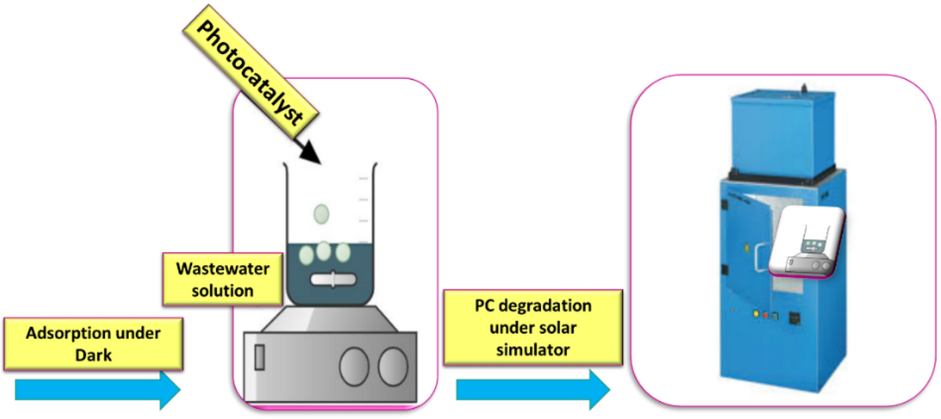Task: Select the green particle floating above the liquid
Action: (322, 213)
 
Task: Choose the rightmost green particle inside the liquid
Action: (343, 253)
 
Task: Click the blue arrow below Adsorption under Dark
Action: (97, 389)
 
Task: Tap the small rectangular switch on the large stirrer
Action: (259, 357)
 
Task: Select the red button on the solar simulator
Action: (766, 315)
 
